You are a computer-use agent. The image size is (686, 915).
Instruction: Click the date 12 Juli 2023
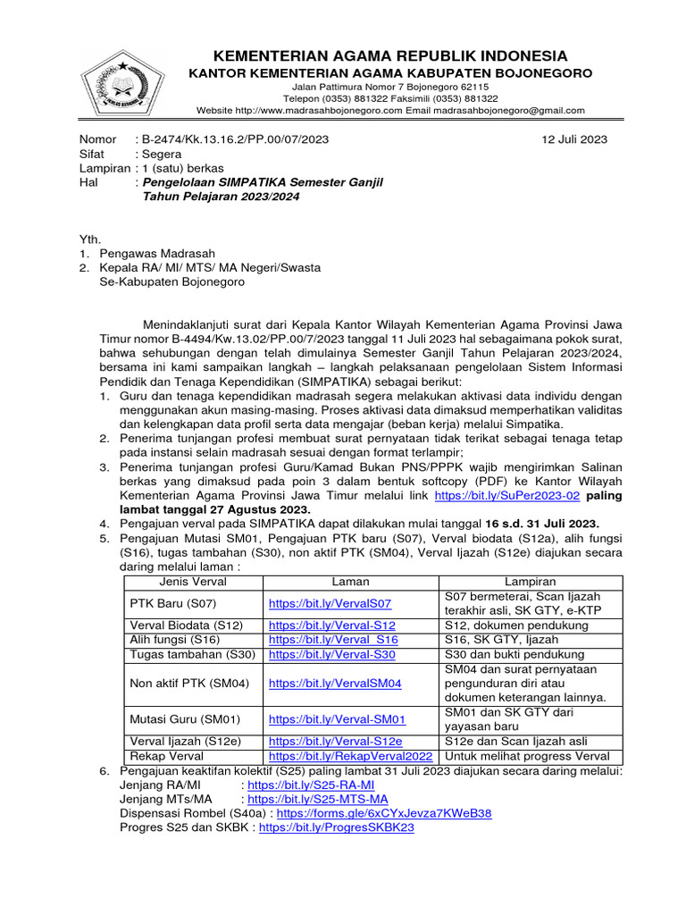coord(574,139)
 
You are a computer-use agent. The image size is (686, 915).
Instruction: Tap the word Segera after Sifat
coord(163,154)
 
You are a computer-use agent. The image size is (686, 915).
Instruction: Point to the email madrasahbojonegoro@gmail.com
coord(509,111)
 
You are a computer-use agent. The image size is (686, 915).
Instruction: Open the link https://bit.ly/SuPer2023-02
coord(507,493)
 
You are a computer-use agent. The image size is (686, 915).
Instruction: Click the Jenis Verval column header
coord(192,582)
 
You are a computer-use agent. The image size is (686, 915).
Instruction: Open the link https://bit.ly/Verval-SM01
coord(337,718)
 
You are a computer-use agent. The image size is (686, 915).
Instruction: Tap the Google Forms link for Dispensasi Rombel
coord(384,814)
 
